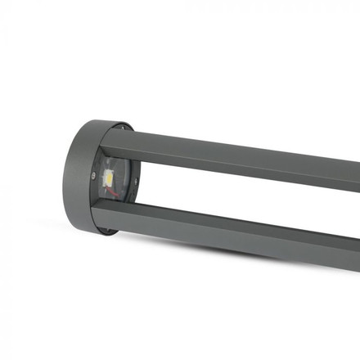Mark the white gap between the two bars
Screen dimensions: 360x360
[x=245, y=200]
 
